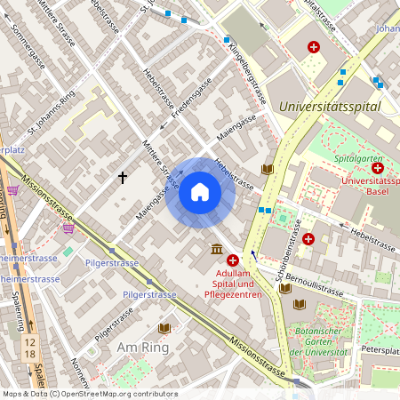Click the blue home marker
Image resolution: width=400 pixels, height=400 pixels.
point(200,192)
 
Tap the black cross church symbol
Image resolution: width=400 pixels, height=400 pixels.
point(123,178)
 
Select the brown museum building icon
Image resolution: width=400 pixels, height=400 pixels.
point(217,249)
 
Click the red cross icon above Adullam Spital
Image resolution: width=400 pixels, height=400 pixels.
point(233,260)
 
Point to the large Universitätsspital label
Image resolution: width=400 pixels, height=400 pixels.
point(329,107)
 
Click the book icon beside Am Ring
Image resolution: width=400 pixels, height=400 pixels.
point(164,328)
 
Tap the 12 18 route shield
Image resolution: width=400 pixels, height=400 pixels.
point(31,348)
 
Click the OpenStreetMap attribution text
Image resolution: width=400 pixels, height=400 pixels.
point(89,393)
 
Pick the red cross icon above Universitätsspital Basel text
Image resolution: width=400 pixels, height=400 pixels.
point(378,167)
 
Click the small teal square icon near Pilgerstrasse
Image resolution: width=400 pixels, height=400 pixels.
point(68,252)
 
